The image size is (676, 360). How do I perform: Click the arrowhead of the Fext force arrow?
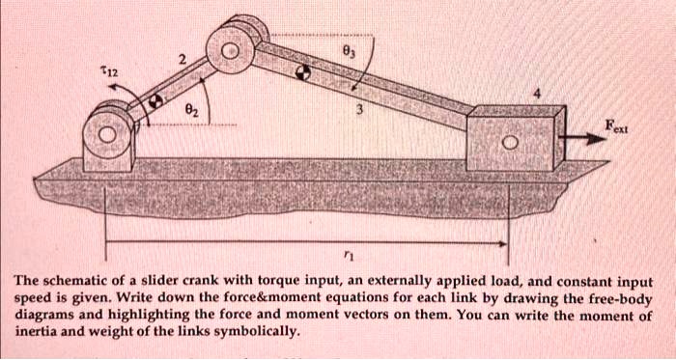pyautogui.click(x=593, y=140)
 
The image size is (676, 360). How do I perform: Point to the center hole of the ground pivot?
pyautogui.click(x=107, y=137)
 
